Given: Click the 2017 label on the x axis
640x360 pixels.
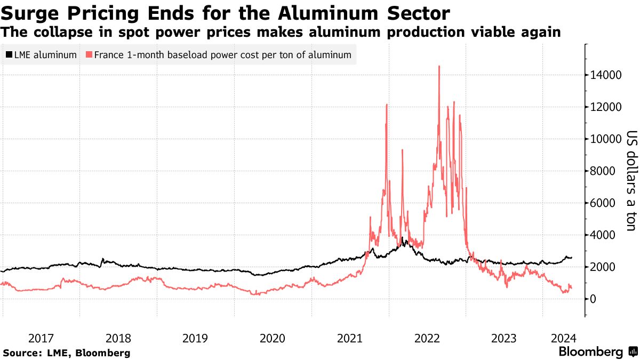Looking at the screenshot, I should tap(41, 338).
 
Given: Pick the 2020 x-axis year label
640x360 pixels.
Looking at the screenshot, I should tap(273, 338).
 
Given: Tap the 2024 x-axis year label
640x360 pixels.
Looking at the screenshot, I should tap(564, 338).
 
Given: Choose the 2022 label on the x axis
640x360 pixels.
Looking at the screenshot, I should tap(427, 338).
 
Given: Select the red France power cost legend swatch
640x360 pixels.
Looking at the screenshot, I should tap(89, 55).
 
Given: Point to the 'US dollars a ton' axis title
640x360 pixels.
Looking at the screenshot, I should tap(631, 181).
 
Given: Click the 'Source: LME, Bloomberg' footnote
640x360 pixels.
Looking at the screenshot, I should tap(67, 353).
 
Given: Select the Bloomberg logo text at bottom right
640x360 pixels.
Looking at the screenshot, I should tap(590, 352).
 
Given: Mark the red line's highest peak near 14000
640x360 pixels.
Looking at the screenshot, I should tap(439, 67).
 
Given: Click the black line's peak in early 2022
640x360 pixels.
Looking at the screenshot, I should tap(403, 238).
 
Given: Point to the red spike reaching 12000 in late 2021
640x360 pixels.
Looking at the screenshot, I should tap(386, 105).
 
